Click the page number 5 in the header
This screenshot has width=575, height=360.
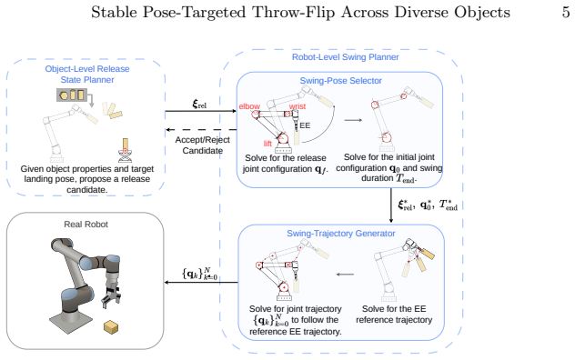[x=566, y=12]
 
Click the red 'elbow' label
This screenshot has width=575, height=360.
[x=249, y=106]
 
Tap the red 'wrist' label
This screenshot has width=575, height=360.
[x=297, y=106]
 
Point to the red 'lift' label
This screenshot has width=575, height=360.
[x=267, y=144]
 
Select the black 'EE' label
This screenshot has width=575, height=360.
[x=305, y=125]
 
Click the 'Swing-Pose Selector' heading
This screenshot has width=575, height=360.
[x=340, y=81]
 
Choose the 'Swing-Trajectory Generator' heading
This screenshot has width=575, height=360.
[x=340, y=234]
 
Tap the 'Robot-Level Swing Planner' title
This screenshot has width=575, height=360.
[x=345, y=57]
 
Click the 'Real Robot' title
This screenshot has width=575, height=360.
[x=86, y=225]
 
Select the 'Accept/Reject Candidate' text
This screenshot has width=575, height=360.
[x=202, y=145]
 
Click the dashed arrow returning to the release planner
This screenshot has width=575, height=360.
[x=201, y=129]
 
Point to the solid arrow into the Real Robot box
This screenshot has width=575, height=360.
[x=201, y=283]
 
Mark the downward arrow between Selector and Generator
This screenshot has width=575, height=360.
[x=391, y=205]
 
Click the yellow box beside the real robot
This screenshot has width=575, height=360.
[x=111, y=326]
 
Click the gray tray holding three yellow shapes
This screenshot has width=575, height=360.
[x=72, y=95]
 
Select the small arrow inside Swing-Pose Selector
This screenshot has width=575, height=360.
[x=353, y=120]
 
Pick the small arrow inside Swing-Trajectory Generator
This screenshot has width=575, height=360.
[x=345, y=275]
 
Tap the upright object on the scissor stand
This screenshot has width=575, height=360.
[x=126, y=145]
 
